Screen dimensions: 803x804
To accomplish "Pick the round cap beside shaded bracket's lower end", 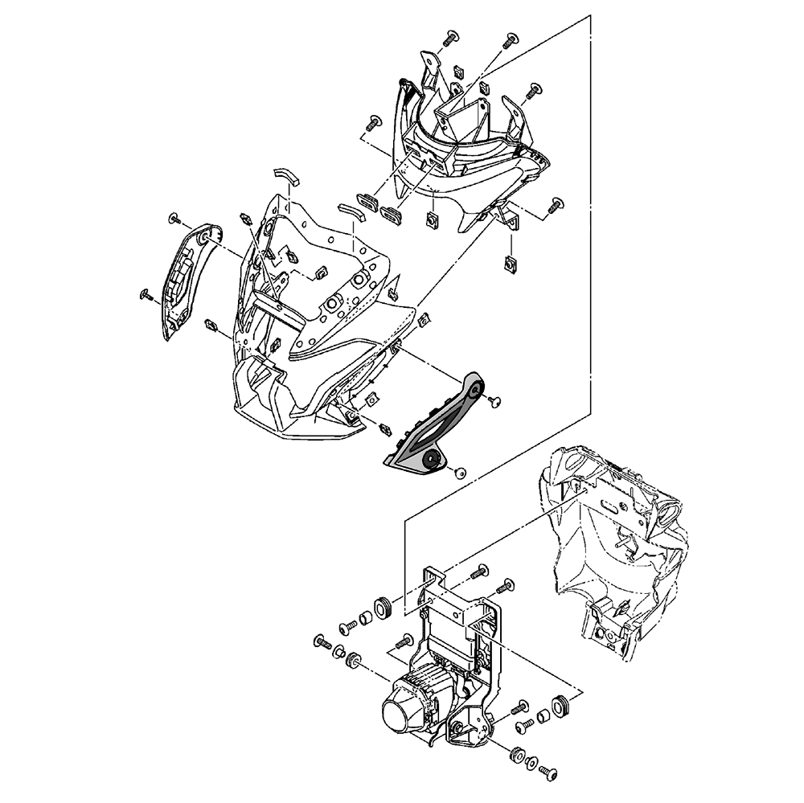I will (461, 473).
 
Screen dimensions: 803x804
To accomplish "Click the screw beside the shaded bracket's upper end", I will (495, 399).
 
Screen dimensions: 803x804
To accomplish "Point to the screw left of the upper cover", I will (373, 124).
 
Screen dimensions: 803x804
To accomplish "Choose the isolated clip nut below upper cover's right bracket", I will (509, 262).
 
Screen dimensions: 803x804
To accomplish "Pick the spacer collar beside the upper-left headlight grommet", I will (364, 617).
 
